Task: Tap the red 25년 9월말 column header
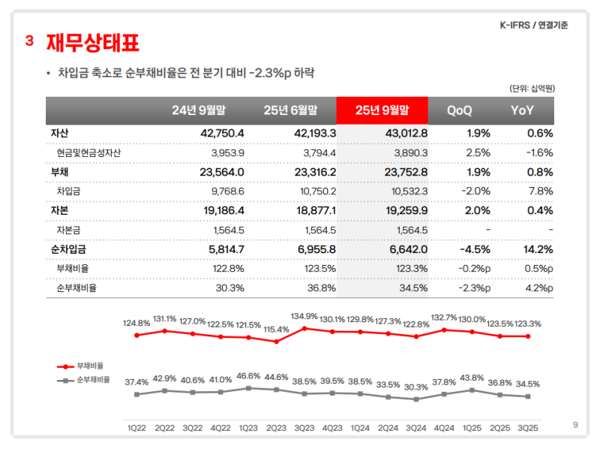click(382, 110)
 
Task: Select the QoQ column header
click(459, 110)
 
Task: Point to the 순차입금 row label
click(69, 249)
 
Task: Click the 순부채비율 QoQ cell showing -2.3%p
click(474, 288)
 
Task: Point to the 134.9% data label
click(304, 316)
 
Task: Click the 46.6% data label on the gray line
click(248, 375)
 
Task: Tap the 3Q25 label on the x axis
click(529, 428)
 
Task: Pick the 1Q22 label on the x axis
click(136, 428)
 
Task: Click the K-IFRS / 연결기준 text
click(533, 25)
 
